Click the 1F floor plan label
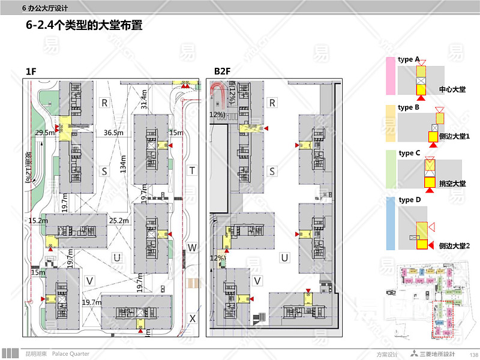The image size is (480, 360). (x=31, y=72)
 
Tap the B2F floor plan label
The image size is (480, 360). (x=223, y=72)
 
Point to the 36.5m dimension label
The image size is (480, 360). (x=113, y=132)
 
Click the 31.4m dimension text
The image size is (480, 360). (x=143, y=100)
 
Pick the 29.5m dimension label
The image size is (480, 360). (x=46, y=132)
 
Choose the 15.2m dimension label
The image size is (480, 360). (x=38, y=221)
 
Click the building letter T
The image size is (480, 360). (x=191, y=170)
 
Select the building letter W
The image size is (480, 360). (x=191, y=247)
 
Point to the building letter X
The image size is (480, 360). (x=191, y=319)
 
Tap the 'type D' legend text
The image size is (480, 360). (x=410, y=200)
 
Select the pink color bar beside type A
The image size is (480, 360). (x=390, y=76)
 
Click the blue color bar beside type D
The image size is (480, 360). (x=390, y=223)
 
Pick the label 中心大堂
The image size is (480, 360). (x=452, y=89)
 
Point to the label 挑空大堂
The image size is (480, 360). (x=452, y=184)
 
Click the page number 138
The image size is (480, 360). (x=473, y=355)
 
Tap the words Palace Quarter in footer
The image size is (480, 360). (x=70, y=354)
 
